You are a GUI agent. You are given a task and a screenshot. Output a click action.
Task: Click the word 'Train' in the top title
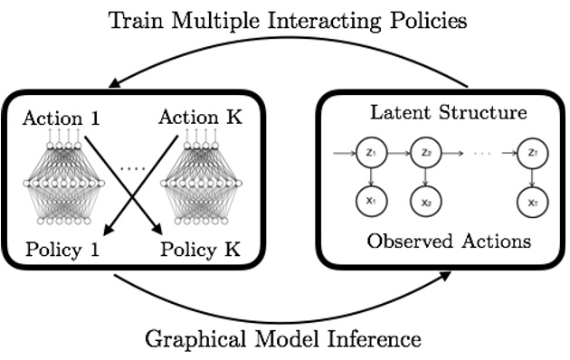(138, 19)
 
